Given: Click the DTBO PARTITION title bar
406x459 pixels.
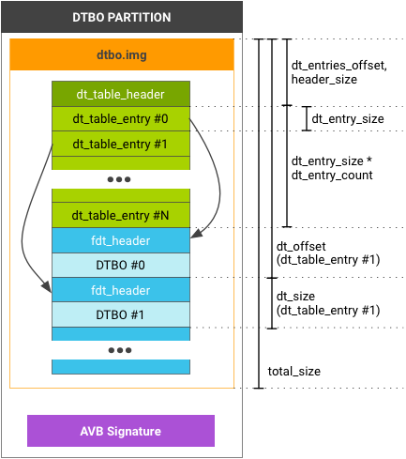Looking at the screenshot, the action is click(122, 17).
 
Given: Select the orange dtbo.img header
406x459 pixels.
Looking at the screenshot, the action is click(122, 54).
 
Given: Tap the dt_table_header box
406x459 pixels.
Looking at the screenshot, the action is click(121, 94).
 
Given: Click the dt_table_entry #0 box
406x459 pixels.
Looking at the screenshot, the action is click(121, 119).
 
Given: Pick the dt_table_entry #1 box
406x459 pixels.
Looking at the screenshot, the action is click(121, 144).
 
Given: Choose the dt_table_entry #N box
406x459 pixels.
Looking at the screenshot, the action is click(121, 215).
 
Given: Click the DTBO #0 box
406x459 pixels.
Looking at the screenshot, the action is click(121, 265).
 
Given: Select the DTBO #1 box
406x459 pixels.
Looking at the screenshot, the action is click(121, 314).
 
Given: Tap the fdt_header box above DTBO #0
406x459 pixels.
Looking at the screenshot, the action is click(121, 240).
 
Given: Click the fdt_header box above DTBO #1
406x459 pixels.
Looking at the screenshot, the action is click(121, 290).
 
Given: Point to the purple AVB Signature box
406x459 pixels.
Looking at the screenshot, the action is click(121, 431).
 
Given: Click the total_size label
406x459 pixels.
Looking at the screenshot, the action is click(294, 372).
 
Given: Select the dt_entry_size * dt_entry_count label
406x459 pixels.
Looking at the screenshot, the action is click(332, 168).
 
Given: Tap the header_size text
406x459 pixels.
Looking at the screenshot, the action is click(324, 80).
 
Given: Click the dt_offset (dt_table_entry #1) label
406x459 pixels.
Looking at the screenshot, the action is click(328, 253).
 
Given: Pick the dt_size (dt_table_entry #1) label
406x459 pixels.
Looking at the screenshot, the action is click(328, 303).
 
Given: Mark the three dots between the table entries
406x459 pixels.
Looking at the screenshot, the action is click(119, 179).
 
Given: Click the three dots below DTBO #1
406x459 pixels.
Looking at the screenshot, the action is click(120, 350).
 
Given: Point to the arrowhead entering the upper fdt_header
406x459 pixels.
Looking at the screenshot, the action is click(196, 234).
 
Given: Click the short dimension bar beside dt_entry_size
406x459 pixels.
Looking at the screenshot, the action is click(307, 118).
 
